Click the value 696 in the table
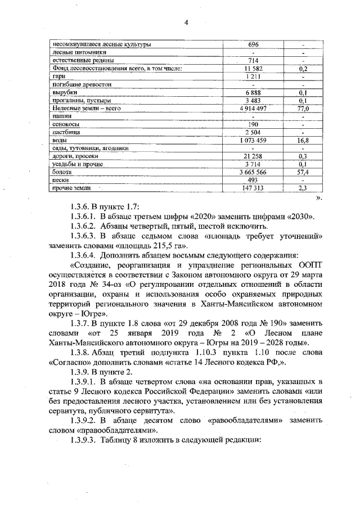(x=253, y=44)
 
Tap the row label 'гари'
(x=58, y=76)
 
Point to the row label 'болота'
(x=62, y=172)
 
